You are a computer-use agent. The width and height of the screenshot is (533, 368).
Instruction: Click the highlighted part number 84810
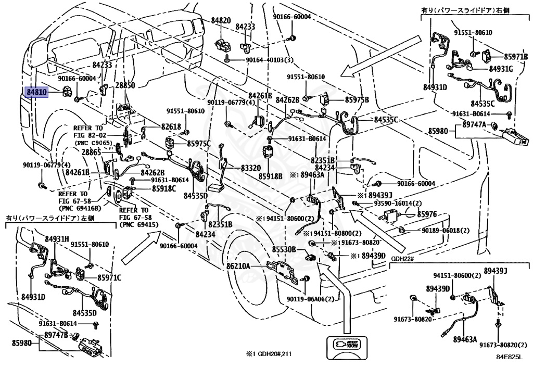coord(37,92)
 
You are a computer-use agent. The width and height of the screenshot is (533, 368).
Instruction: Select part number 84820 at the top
coord(221,20)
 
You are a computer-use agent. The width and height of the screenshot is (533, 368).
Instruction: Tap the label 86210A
coord(238,266)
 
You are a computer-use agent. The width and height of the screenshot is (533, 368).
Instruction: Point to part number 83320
coord(251,168)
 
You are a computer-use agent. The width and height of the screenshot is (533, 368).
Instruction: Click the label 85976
coord(427,214)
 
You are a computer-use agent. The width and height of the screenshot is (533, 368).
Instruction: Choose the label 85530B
coord(284,249)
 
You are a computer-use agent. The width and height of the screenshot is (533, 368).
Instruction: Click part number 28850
coord(125,85)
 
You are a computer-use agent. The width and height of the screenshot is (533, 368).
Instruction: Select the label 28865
coord(92,152)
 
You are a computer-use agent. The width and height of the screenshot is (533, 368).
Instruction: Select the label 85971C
coord(109,277)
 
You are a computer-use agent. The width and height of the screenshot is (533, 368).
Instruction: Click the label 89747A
coord(475,125)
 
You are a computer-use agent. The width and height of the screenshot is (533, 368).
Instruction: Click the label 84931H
coord(57,239)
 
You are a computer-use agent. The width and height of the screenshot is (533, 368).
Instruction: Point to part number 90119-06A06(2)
coord(311,299)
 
